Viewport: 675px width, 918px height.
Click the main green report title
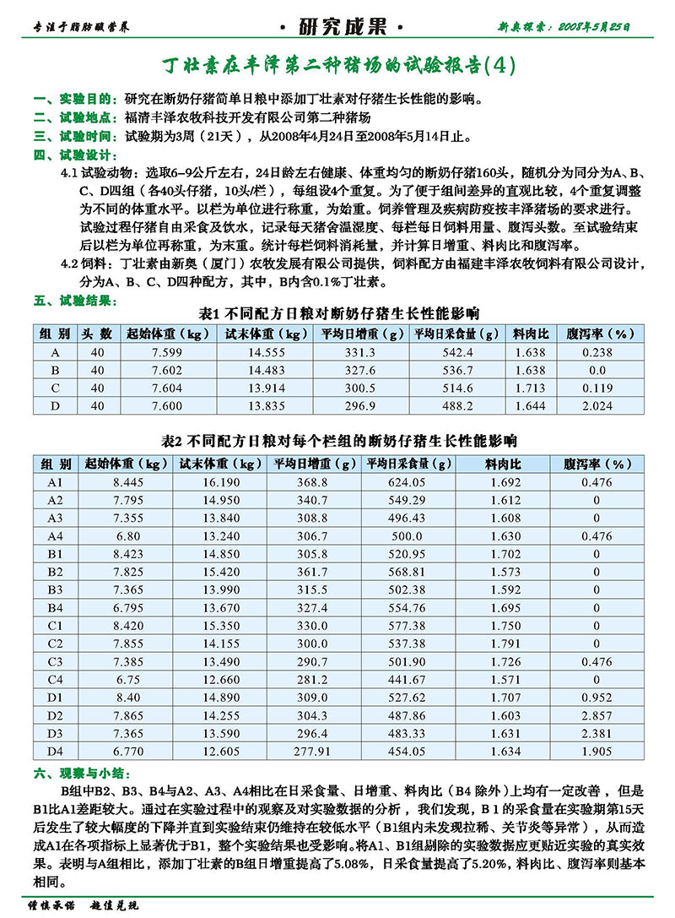(x=337, y=65)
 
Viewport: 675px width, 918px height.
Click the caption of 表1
(x=337, y=313)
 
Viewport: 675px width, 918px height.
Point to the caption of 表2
(x=337, y=441)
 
